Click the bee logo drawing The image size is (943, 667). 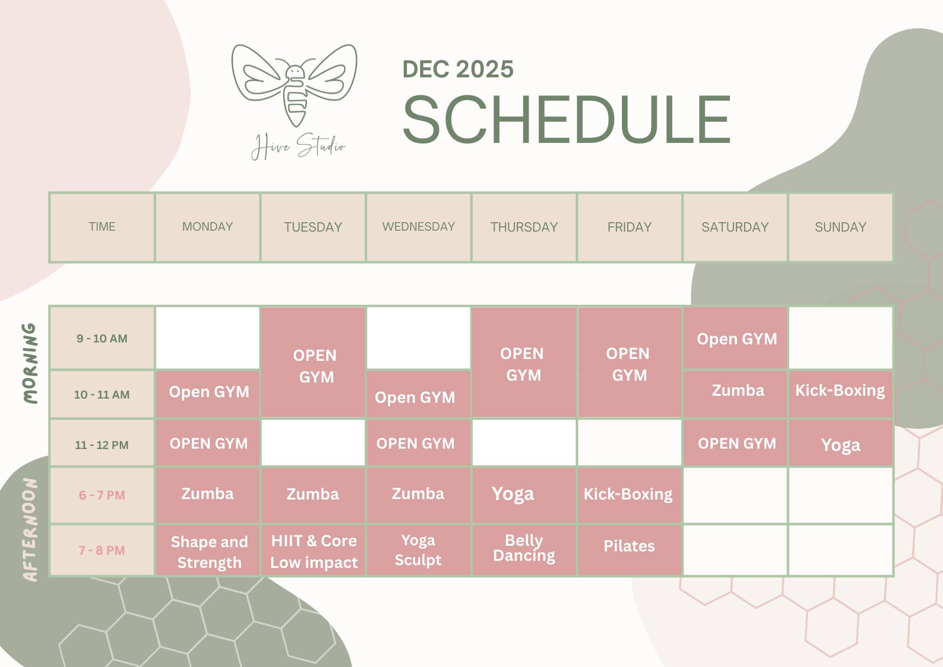(x=295, y=85)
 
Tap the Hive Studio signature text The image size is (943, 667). (x=298, y=147)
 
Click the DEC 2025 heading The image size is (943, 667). (x=457, y=69)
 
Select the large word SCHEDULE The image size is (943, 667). (x=566, y=120)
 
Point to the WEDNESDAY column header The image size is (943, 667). (x=419, y=227)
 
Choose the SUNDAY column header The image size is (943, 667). (x=840, y=227)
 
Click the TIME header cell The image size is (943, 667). (x=102, y=227)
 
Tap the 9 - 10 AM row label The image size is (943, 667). (x=102, y=338)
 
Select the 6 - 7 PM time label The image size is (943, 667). (x=102, y=495)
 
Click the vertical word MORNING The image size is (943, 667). (x=30, y=363)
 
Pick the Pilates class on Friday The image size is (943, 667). (x=629, y=546)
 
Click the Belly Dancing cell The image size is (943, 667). (x=524, y=548)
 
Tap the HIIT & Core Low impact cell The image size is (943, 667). (x=314, y=551)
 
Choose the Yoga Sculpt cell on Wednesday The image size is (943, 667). (x=418, y=550)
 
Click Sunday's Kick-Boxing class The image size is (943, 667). (x=840, y=391)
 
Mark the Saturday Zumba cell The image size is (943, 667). (x=737, y=391)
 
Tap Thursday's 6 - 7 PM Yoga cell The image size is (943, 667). (x=513, y=494)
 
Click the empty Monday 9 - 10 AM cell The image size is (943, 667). (x=207, y=338)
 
